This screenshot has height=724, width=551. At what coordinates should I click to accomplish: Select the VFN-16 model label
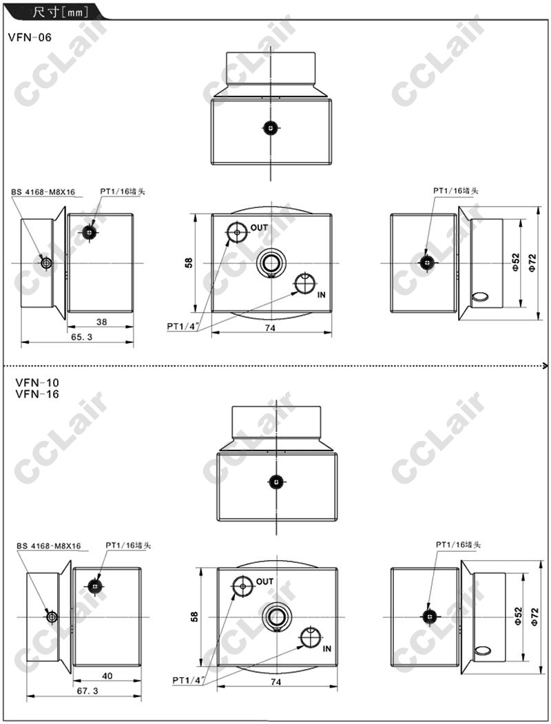point(37,394)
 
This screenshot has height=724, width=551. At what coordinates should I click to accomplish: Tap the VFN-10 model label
point(37,382)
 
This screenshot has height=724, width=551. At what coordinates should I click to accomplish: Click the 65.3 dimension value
point(82,337)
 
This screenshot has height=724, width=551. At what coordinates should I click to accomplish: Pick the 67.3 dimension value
point(87,691)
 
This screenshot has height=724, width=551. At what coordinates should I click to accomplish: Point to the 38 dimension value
point(101,322)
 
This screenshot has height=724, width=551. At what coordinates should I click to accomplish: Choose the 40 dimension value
point(107,676)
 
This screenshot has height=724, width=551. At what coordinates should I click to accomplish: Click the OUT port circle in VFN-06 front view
point(237,231)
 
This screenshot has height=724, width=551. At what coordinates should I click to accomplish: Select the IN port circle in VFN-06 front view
point(304,283)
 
